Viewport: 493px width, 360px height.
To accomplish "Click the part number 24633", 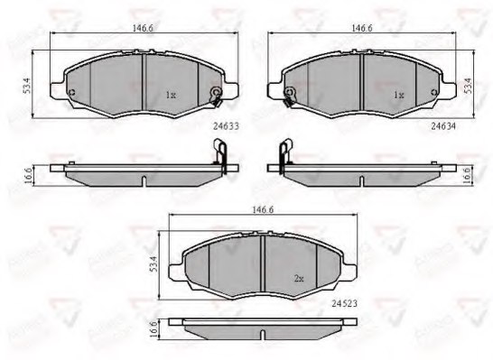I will (212, 127).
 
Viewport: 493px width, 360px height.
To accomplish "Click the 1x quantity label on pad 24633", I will (171, 94).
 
